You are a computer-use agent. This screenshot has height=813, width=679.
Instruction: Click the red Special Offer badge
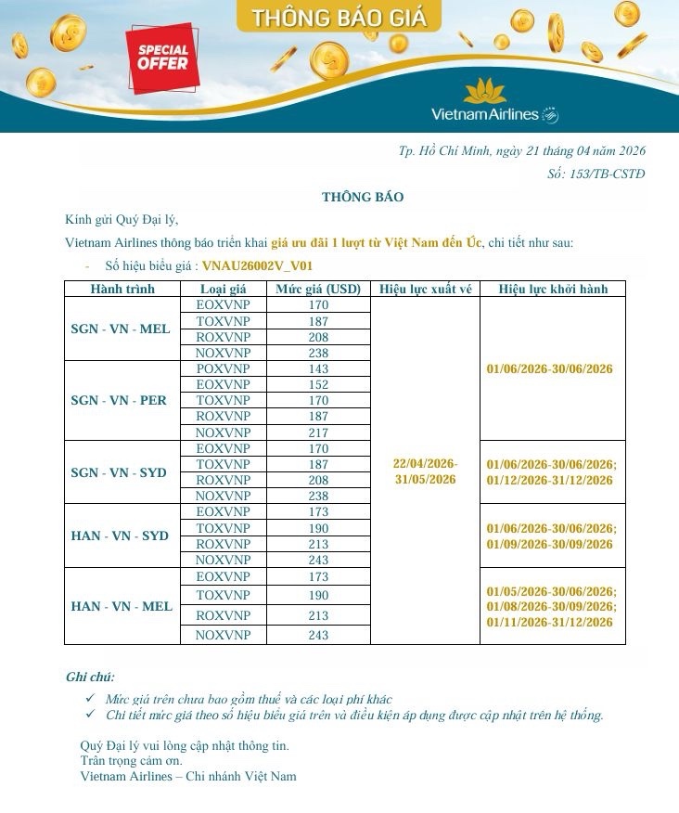163,58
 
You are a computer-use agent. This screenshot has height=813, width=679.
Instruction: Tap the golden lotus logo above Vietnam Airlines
484,92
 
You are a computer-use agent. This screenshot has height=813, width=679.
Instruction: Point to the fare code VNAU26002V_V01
263,265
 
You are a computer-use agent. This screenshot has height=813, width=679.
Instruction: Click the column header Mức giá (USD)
318,289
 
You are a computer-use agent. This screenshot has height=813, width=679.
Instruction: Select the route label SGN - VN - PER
119,401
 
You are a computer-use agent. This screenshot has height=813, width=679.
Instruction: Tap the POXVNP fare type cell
224,368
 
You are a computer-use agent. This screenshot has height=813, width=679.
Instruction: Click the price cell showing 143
318,368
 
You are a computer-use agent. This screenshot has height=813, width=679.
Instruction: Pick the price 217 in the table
318,432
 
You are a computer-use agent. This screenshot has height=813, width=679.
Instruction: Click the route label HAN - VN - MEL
122,606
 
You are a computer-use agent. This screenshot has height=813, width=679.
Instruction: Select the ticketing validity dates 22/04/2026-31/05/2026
425,471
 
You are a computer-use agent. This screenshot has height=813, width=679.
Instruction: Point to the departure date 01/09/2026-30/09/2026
550,544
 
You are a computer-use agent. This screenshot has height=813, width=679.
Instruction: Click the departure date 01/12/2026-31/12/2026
550,480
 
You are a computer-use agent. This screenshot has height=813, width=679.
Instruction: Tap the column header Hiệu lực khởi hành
553,289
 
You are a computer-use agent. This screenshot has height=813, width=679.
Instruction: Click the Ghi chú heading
90,677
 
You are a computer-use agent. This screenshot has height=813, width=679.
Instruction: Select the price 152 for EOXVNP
318,384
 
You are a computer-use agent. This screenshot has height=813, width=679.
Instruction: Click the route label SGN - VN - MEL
121,329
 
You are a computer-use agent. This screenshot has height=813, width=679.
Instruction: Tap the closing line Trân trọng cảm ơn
131,761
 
